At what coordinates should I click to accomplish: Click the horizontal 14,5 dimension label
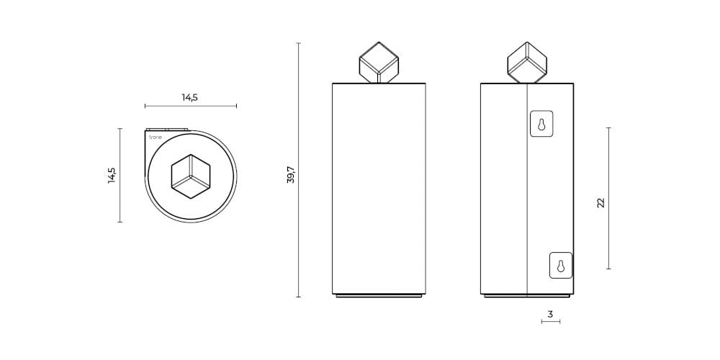point(189,97)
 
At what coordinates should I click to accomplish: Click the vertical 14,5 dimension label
point(112,175)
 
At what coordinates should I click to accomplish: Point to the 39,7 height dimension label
point(290,174)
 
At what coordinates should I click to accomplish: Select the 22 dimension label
point(600,203)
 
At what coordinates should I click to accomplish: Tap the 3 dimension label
point(550,314)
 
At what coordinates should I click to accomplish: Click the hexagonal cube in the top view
point(191,176)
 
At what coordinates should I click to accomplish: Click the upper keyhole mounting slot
point(541,124)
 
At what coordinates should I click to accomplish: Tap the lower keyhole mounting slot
point(561,265)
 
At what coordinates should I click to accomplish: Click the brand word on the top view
point(155,135)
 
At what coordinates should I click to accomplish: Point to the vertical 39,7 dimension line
point(299,170)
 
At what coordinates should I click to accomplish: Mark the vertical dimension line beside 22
point(609,198)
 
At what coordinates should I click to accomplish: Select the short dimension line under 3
point(550,321)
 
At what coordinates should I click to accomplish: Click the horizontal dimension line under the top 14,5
point(190,106)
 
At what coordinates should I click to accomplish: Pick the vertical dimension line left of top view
point(120,175)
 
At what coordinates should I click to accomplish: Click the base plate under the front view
point(379,295)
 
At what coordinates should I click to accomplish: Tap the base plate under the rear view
point(527,295)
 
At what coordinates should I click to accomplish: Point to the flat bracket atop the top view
point(166,130)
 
